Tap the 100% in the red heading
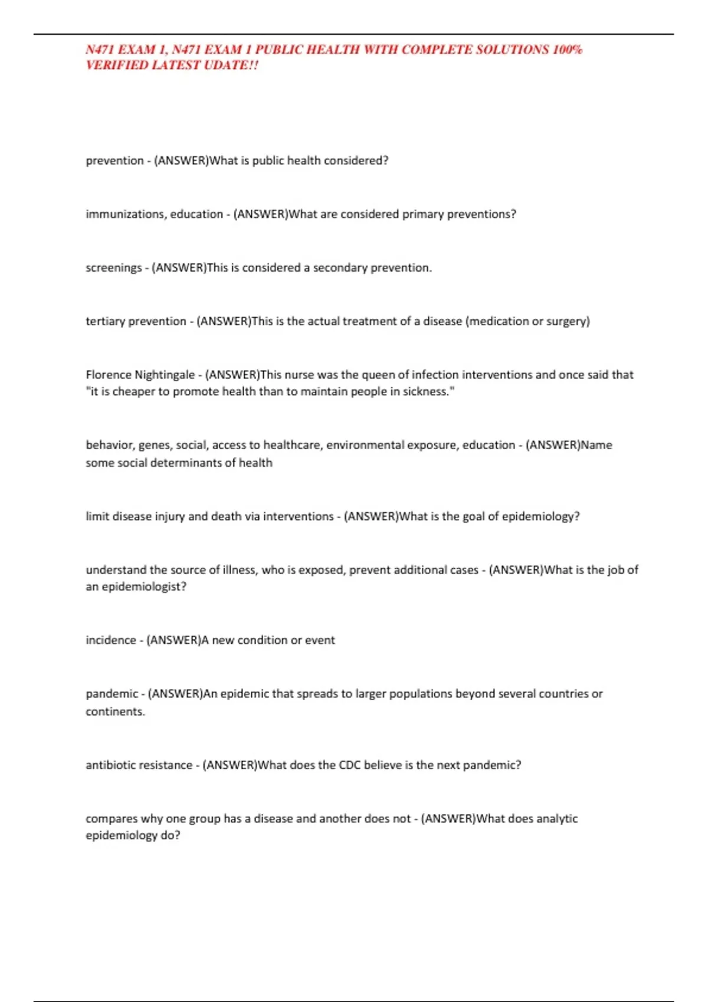click(x=567, y=50)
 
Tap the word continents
click(x=115, y=711)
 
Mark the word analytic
click(x=556, y=819)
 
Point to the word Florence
click(x=109, y=375)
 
